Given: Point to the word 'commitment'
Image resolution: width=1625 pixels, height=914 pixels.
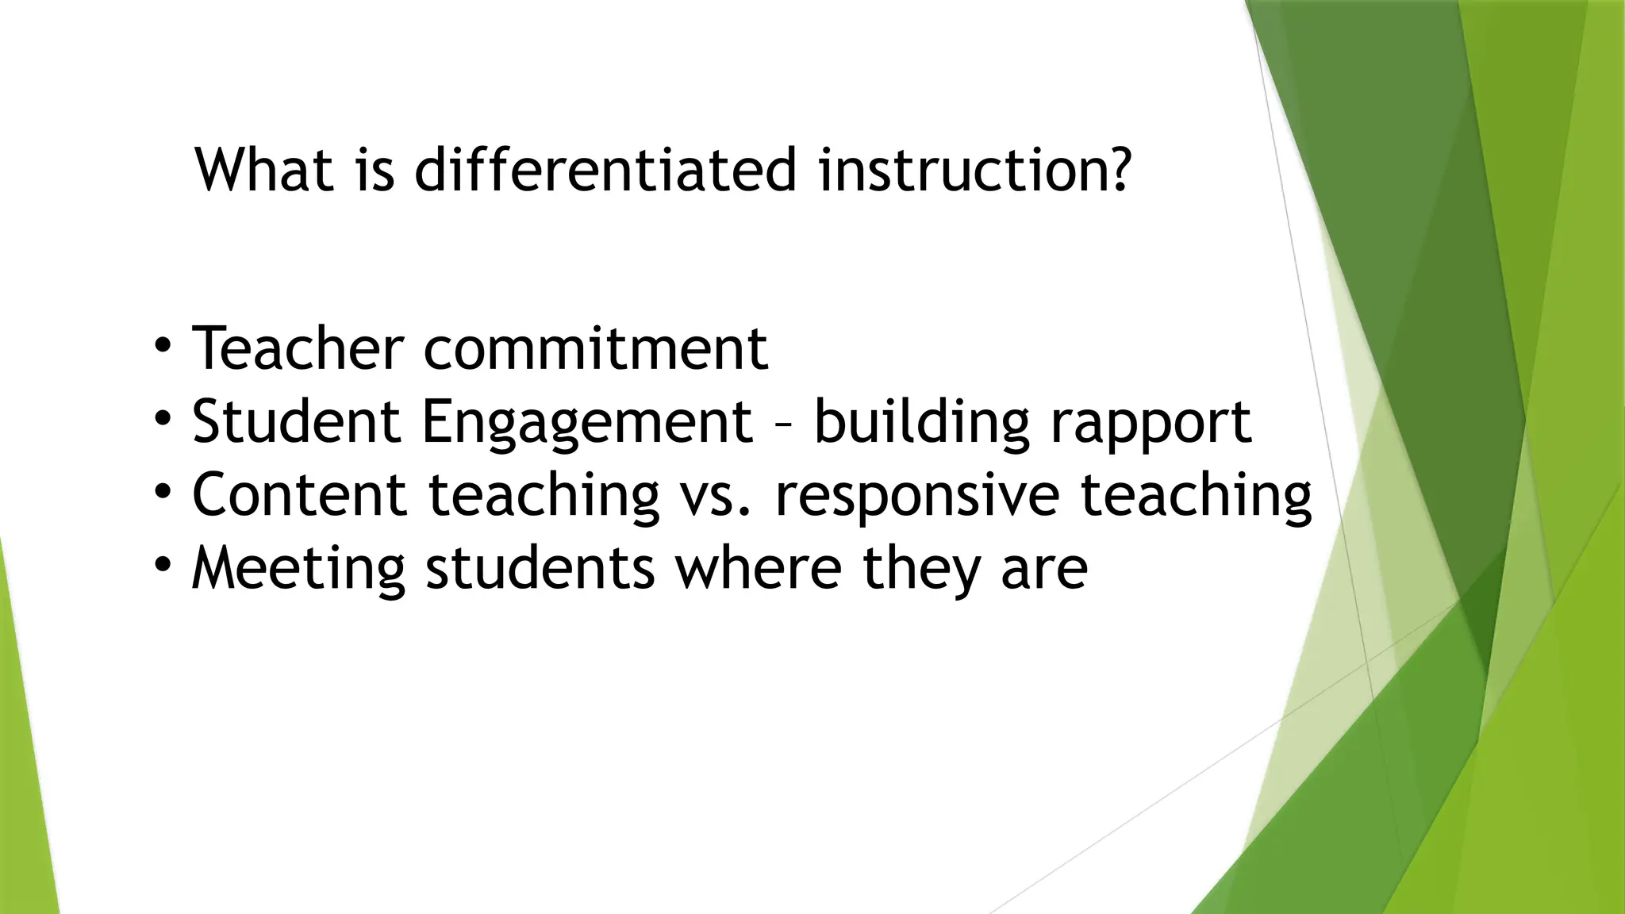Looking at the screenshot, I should point(596,349).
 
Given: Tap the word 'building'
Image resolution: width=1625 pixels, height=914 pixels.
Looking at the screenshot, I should point(922,423).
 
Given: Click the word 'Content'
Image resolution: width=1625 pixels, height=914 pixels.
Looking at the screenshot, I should point(300,493).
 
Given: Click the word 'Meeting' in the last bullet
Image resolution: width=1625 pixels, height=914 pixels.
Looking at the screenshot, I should point(298,569).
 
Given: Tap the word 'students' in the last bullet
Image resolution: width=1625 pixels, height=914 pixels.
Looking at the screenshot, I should point(540,567).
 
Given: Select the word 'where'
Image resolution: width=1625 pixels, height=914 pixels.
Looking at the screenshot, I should point(759,567).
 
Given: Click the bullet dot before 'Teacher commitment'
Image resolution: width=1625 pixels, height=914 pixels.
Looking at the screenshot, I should point(163,346).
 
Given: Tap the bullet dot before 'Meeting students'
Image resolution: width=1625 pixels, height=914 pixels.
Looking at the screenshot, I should point(163,565).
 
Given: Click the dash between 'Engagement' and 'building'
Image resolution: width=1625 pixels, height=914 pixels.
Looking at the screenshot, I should point(783,424).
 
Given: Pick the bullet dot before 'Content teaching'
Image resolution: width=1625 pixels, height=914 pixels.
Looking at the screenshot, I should point(163,492).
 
